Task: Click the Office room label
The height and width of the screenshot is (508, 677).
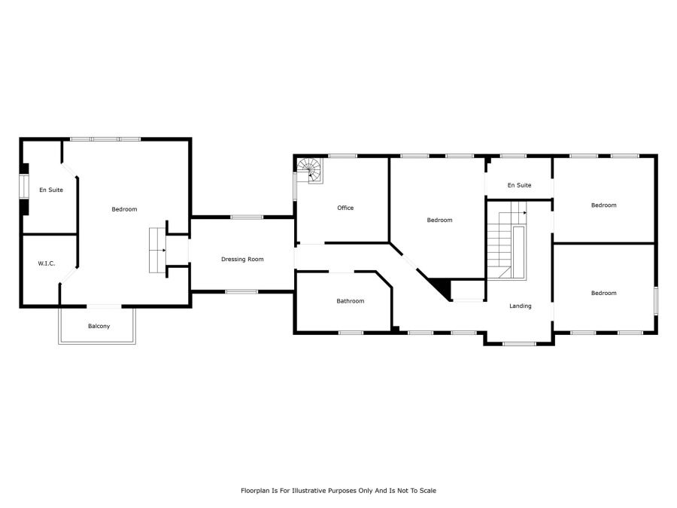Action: (x=345, y=208)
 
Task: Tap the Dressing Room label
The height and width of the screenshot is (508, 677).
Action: (x=242, y=259)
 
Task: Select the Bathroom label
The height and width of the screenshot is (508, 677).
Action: (x=350, y=301)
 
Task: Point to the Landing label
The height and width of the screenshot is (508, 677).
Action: (x=521, y=306)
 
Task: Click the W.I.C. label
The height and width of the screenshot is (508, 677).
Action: (x=46, y=263)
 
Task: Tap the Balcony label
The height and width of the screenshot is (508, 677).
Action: (x=99, y=326)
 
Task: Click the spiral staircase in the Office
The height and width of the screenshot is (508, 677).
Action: (x=310, y=171)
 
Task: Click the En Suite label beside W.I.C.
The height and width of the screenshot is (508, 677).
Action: (x=51, y=190)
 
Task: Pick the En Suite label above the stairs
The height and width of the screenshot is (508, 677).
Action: (x=519, y=185)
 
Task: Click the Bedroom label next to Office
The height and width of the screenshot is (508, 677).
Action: (x=439, y=220)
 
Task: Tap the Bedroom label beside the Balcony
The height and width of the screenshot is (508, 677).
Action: (x=124, y=209)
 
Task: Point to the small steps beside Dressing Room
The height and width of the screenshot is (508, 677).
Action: (x=158, y=250)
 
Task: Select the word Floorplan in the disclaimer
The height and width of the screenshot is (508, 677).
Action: (x=254, y=491)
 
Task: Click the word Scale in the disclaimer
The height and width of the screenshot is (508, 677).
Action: (x=428, y=491)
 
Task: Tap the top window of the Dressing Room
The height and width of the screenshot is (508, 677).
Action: (x=247, y=217)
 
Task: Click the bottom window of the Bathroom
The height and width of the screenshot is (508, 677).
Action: (x=351, y=333)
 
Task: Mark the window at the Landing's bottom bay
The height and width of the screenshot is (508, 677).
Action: (x=519, y=344)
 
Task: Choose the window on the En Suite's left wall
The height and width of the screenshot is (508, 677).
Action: (x=24, y=186)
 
